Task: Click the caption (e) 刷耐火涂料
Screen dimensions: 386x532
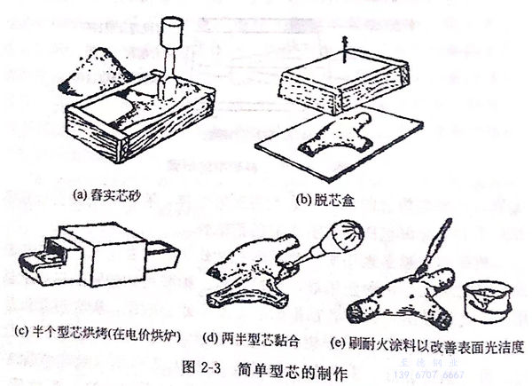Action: coord(429,343)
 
